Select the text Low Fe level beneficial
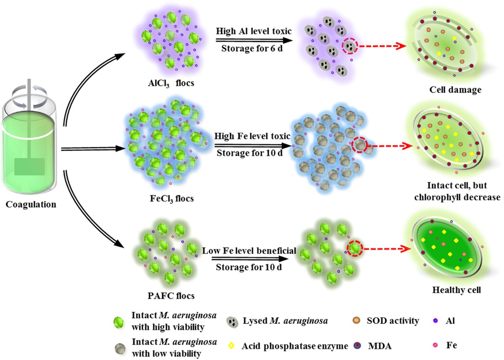(249, 251)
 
